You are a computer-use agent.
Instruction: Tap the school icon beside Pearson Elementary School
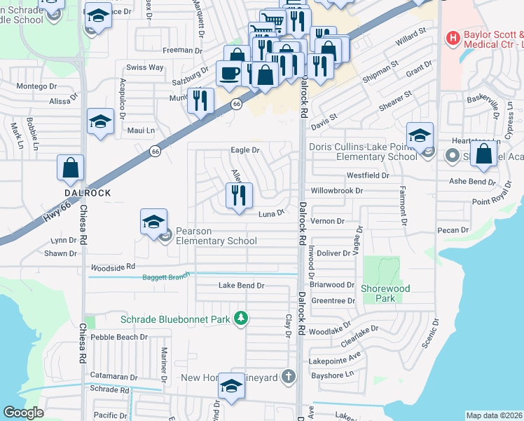pos(153,222)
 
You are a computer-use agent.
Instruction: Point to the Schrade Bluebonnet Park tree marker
pos(241,319)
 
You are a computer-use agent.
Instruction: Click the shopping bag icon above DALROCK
pos(71,168)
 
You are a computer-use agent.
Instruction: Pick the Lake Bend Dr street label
pos(241,286)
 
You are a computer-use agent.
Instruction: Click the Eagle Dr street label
pos(245,150)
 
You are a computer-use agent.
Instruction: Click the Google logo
pos(24,413)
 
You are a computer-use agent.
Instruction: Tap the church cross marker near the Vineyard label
pos(288,377)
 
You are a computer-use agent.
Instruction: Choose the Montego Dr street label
pos(36,86)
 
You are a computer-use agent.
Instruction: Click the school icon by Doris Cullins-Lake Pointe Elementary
pos(420,135)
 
